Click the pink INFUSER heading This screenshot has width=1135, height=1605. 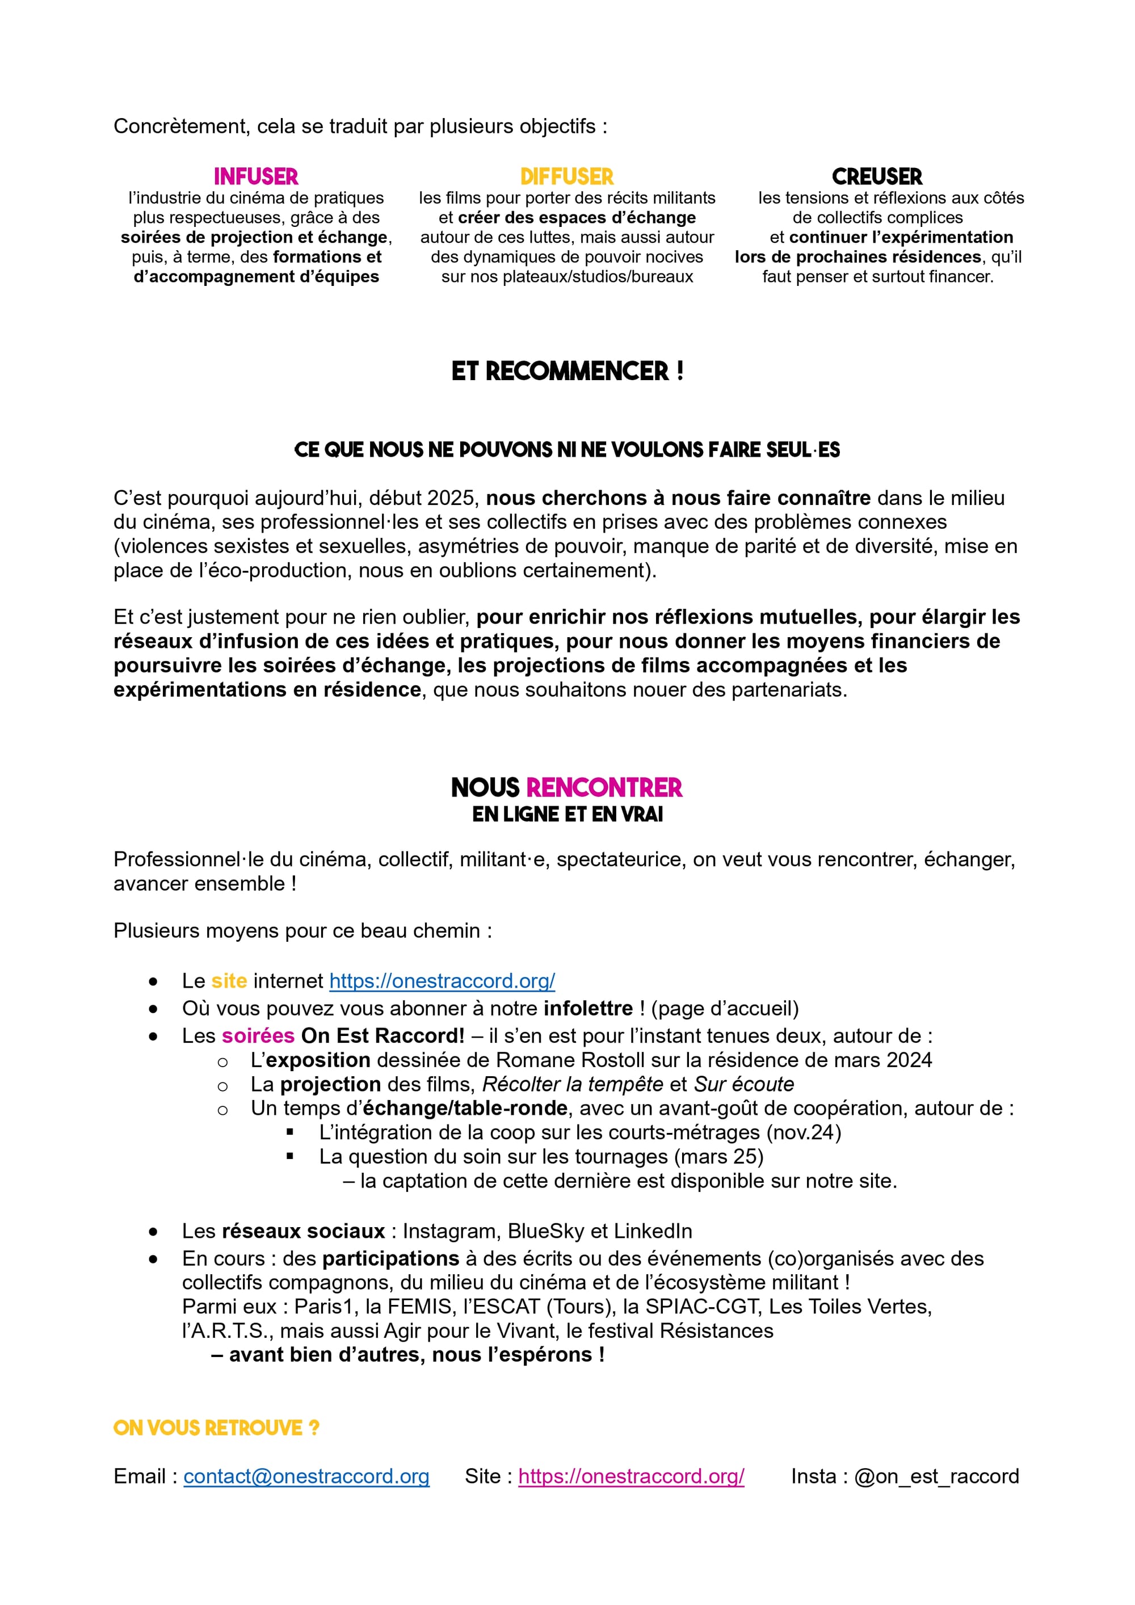tap(256, 176)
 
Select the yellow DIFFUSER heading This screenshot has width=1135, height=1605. tap(566, 176)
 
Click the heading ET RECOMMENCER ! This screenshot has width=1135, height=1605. tap(567, 371)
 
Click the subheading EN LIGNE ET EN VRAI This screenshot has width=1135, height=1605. tap(567, 814)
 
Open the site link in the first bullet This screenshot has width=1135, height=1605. tap(442, 981)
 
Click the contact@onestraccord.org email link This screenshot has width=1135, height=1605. tap(306, 1476)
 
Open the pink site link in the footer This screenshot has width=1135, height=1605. tap(631, 1476)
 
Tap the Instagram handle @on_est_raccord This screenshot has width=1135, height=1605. tap(936, 1476)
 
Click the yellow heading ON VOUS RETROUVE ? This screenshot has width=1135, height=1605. tap(216, 1427)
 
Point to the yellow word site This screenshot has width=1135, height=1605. tap(229, 981)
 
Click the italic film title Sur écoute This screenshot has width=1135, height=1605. tap(743, 1084)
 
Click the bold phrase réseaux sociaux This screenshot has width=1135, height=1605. tap(304, 1231)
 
